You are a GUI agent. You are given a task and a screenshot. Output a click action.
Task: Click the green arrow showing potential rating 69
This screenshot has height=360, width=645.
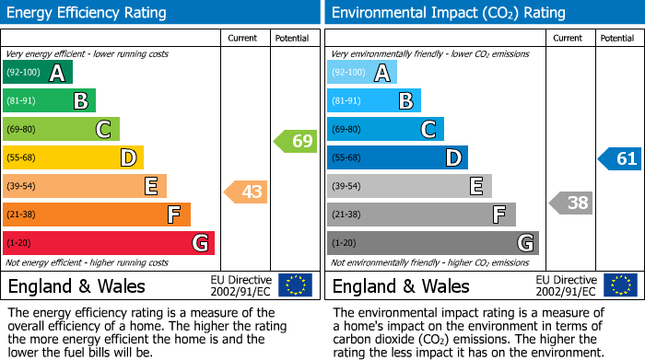(295, 142)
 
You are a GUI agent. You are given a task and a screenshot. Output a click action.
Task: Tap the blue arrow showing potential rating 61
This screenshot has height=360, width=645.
(619, 158)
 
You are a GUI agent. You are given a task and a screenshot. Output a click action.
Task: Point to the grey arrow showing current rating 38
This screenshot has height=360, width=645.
(570, 203)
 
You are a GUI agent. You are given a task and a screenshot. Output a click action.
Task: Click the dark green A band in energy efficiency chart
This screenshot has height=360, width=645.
(37, 73)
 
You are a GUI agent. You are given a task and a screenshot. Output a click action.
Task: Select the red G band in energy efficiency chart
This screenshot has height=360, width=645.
(108, 243)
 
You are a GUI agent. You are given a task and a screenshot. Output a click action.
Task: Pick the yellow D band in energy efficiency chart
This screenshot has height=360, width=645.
(73, 158)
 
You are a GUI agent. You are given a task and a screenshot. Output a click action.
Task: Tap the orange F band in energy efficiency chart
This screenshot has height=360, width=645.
(96, 215)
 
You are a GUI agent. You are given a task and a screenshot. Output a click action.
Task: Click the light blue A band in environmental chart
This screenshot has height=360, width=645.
(361, 73)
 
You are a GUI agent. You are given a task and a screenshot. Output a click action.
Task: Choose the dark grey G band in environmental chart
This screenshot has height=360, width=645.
(432, 243)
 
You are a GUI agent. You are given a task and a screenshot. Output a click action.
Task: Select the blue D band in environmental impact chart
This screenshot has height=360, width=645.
(397, 158)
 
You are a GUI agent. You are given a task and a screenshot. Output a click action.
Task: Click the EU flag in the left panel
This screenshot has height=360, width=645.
(295, 285)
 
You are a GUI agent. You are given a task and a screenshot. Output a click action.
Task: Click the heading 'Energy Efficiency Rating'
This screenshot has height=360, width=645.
(88, 13)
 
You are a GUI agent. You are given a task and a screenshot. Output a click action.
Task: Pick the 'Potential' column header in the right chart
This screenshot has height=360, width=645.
(617, 38)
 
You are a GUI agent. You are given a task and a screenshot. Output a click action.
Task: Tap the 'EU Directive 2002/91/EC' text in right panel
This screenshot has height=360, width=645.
(567, 285)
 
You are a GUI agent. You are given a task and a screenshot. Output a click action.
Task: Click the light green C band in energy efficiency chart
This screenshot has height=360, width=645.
(61, 130)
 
